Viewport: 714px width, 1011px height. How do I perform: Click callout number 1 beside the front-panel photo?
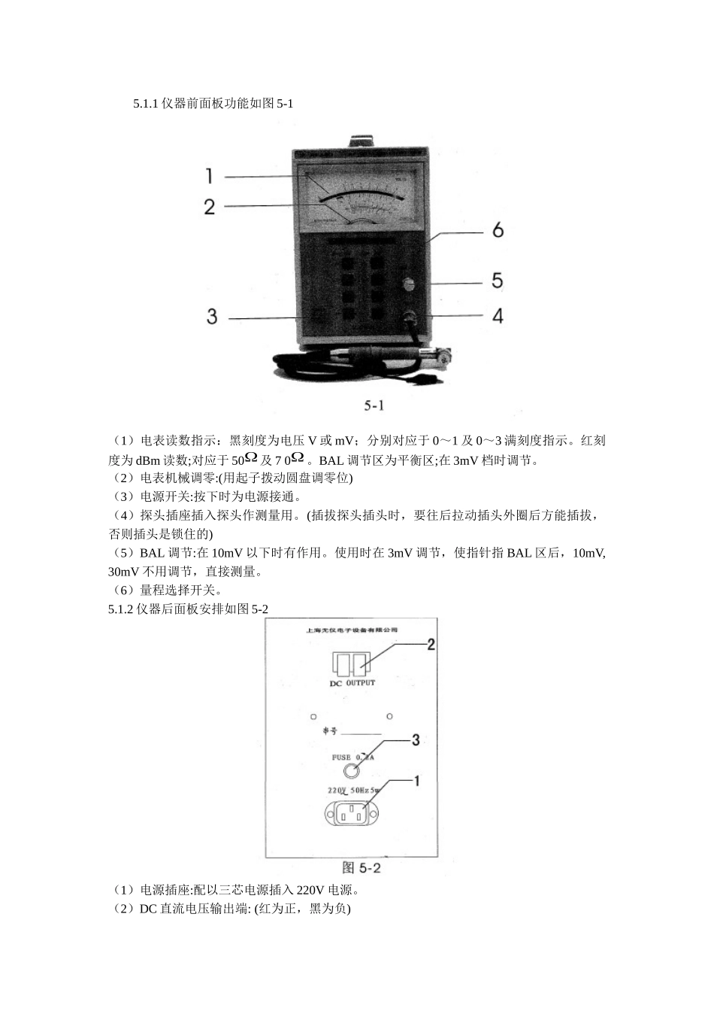(x=210, y=176)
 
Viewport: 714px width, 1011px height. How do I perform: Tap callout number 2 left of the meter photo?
(x=210, y=206)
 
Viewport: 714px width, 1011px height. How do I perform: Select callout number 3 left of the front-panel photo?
(x=212, y=317)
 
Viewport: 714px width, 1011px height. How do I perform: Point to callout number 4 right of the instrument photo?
(x=498, y=315)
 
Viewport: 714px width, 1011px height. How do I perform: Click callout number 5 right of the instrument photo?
(x=497, y=281)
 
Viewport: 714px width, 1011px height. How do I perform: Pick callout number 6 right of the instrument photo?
(x=498, y=230)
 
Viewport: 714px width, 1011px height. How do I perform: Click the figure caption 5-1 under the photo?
(x=374, y=406)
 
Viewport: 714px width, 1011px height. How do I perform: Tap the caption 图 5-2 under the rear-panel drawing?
(x=362, y=867)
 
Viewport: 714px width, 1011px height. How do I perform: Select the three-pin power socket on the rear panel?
(x=351, y=814)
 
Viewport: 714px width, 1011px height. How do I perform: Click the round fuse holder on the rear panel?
(x=350, y=770)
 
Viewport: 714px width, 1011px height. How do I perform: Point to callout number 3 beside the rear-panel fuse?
(x=415, y=740)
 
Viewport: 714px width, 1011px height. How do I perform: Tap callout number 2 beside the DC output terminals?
(x=431, y=645)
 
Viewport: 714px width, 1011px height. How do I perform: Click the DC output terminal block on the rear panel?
(x=352, y=663)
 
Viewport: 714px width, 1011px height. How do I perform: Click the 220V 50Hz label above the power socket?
(x=352, y=791)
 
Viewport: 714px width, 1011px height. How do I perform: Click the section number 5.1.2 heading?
(x=122, y=609)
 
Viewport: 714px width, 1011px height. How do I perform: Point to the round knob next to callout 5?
(x=408, y=284)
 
